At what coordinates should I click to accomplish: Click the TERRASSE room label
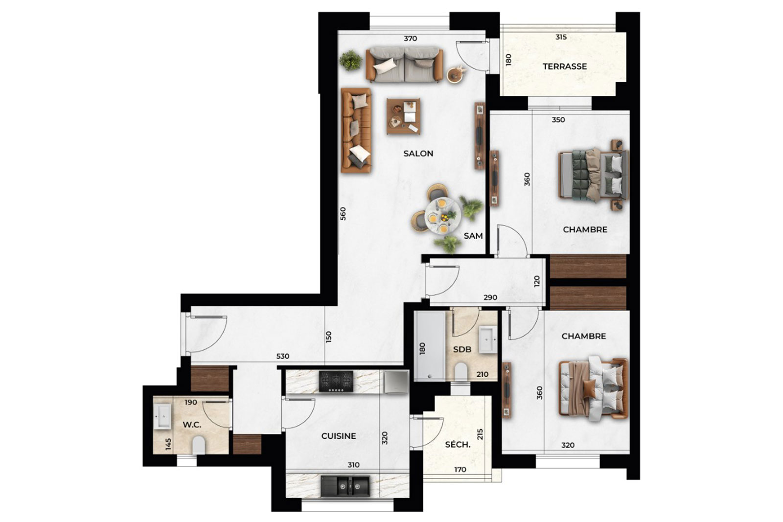565,67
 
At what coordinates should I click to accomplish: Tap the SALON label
418,154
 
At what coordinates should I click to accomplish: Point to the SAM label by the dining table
473,236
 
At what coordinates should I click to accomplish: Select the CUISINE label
338,436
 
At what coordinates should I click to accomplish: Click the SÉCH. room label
458,445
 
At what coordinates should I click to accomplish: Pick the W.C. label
192,425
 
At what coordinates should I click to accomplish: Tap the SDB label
462,349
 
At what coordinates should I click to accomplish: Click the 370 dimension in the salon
411,39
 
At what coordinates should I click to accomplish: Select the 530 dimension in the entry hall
283,356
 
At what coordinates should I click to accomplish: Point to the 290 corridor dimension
490,297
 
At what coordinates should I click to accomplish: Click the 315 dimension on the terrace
561,37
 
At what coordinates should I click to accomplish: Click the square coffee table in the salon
403,116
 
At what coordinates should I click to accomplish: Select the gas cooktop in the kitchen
336,382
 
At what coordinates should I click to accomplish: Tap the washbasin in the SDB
488,340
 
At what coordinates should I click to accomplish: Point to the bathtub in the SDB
430,345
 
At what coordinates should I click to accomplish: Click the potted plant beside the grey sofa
350,60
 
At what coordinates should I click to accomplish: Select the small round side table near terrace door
456,75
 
